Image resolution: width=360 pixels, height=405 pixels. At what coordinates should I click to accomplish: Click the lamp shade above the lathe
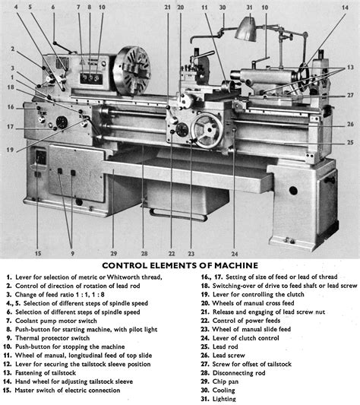click(247, 29)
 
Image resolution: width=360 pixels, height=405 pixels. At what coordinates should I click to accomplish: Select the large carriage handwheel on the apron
click(207, 131)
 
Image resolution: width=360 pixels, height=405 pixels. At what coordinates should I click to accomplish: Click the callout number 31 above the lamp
click(249, 8)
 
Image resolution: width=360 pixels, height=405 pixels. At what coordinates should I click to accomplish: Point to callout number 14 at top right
click(345, 8)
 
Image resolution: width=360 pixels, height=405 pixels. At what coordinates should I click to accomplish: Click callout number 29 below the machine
click(114, 254)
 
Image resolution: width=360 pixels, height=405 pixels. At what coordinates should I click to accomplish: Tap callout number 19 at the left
click(10, 150)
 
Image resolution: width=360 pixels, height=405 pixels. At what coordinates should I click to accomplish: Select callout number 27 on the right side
click(350, 95)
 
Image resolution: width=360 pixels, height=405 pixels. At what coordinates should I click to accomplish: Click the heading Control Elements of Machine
click(180, 265)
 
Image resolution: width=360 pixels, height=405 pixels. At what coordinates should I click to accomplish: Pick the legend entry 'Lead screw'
click(229, 355)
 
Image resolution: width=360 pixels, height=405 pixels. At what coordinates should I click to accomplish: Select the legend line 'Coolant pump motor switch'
click(56, 321)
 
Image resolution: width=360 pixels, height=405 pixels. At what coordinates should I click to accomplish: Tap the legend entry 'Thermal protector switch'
click(52, 338)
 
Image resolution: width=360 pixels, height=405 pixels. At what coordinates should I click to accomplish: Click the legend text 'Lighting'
click(224, 399)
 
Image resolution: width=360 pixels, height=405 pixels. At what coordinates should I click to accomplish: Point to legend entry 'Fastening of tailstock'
click(46, 373)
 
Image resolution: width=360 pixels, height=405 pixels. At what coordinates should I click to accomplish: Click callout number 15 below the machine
click(38, 253)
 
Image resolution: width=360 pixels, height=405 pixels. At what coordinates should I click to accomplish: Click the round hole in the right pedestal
click(293, 191)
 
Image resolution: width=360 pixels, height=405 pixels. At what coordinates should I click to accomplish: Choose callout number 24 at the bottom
click(234, 254)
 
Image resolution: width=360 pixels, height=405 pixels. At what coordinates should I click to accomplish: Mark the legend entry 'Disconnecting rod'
click(239, 373)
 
